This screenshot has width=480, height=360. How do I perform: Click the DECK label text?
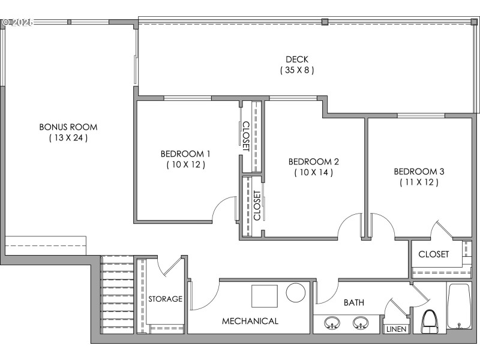(297, 59)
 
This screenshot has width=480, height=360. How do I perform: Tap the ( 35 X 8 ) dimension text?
(297, 70)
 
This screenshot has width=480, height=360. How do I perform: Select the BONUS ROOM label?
(68, 127)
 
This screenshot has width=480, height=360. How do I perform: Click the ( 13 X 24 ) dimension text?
(68, 138)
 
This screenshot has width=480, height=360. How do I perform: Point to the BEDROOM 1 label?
(185, 153)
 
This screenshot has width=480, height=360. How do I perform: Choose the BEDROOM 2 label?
(314, 161)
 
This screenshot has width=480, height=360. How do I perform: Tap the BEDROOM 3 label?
(419, 172)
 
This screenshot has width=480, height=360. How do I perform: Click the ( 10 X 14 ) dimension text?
(314, 172)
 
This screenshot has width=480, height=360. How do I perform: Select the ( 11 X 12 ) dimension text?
(419, 182)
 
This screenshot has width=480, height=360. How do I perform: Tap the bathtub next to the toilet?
(461, 307)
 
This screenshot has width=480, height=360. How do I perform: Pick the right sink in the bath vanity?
(359, 323)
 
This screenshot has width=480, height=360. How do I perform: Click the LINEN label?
(396, 329)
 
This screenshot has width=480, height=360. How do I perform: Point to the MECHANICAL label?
(250, 321)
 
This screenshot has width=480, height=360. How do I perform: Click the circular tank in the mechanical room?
(296, 293)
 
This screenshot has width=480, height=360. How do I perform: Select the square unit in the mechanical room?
(264, 296)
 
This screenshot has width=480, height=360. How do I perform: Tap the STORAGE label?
(166, 299)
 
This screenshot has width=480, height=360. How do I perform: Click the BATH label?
(353, 303)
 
